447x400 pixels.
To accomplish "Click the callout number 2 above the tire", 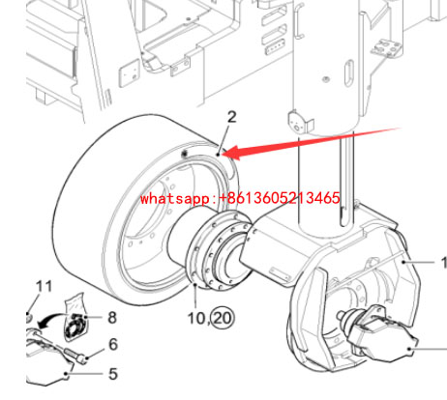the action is [x=232, y=117].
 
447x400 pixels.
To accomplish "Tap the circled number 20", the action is [x=223, y=318].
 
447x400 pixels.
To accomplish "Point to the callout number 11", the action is [x=44, y=286].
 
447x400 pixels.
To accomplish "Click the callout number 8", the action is [x=112, y=317].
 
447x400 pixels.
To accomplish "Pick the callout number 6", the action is [x=113, y=344].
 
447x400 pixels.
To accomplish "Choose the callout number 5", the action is [x=113, y=374].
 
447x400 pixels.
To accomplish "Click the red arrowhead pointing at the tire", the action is [x=233, y=153].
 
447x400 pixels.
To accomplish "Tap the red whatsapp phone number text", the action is [x=240, y=197].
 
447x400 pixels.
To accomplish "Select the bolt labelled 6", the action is [x=76, y=356].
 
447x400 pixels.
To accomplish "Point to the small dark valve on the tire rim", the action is [x=185, y=154].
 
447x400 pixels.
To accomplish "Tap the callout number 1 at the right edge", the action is [x=444, y=263].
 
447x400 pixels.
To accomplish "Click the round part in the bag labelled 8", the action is [x=76, y=327].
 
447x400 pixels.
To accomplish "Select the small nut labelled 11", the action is [x=29, y=318].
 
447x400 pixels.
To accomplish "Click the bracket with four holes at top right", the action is [x=386, y=48].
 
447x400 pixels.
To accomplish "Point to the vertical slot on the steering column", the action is [x=349, y=74].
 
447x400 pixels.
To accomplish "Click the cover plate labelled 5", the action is [x=48, y=365].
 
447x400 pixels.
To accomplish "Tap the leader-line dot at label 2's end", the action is [x=219, y=155].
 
